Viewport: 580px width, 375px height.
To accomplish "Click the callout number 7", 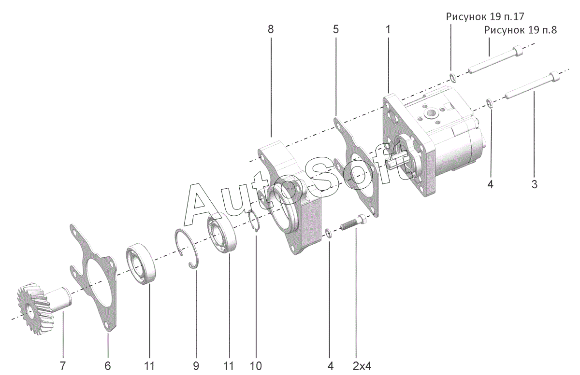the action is pyautogui.click(x=62, y=366).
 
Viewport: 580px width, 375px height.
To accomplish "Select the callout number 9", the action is pyautogui.click(x=196, y=366).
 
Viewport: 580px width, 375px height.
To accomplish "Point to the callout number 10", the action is pyautogui.click(x=256, y=366).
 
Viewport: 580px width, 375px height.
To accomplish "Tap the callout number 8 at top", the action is pyautogui.click(x=270, y=29).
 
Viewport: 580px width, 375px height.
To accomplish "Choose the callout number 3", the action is pyautogui.click(x=534, y=184).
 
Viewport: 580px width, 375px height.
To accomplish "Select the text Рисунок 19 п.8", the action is pyautogui.click(x=521, y=30).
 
